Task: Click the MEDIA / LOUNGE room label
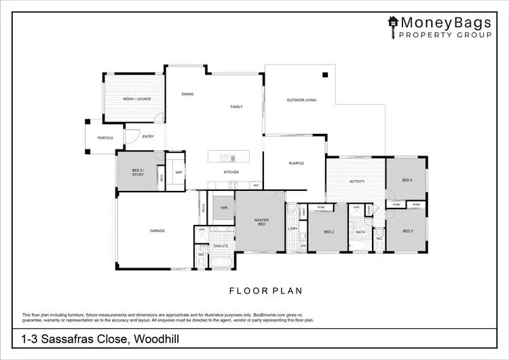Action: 133,99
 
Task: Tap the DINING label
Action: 187,94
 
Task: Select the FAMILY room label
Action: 236,107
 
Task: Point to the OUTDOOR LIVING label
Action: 301,100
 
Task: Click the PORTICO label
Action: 105,138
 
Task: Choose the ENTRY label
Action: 148,137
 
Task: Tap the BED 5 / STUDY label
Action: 138,173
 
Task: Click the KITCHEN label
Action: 231,173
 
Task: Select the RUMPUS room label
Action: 296,163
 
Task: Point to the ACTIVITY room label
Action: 357,181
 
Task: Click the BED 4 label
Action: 407,180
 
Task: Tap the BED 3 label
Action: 408,231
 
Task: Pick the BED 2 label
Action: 328,232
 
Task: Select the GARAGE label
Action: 157,231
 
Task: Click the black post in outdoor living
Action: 325,75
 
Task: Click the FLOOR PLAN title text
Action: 265,291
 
